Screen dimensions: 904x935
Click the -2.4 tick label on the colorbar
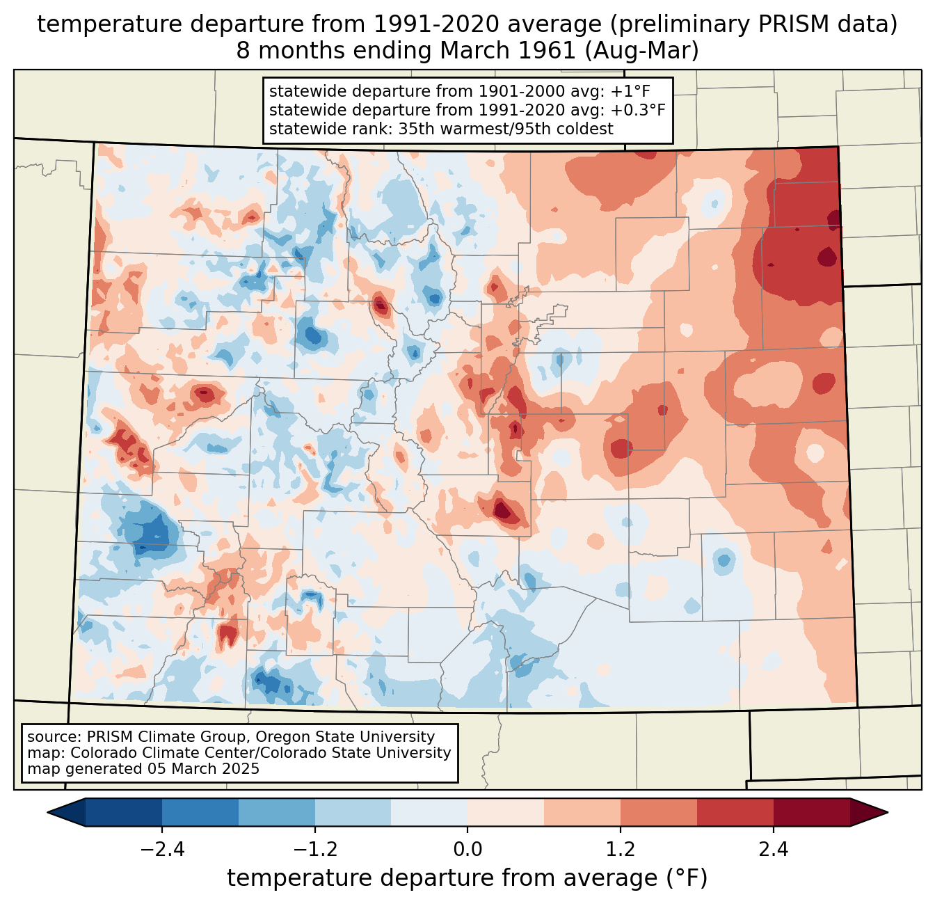pyautogui.click(x=162, y=850)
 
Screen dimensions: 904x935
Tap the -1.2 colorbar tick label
pyautogui.click(x=314, y=850)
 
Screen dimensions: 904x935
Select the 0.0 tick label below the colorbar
pyautogui.click(x=467, y=850)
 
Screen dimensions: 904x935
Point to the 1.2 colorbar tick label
pyautogui.click(x=621, y=850)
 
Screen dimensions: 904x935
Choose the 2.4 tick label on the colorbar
pyautogui.click(x=773, y=850)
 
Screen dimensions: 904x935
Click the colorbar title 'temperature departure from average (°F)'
pyautogui.click(x=467, y=878)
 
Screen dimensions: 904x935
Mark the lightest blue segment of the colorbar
pyautogui.click(x=429, y=812)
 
